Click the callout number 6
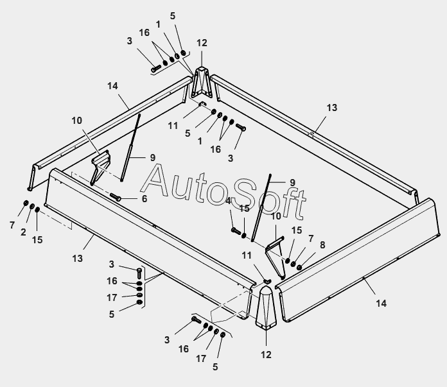pos(145,199)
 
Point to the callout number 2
pos(23,232)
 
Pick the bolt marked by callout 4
pos(235,229)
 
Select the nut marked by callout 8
pos(299,266)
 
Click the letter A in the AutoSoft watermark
pos(153,181)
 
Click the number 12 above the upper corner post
pos(202,43)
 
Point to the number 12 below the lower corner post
pos(267,354)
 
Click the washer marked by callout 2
pos(32,207)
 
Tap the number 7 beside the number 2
pos(12,225)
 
